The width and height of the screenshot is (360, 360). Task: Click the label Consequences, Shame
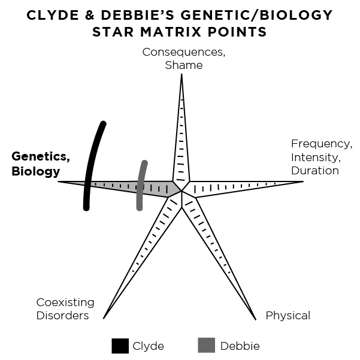pos(184,58)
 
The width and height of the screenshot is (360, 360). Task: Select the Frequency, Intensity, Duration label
pos(321,157)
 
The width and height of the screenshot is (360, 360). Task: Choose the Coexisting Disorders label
pos(63,308)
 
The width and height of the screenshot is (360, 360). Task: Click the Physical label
pos(288,315)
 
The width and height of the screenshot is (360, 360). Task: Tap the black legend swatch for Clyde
pos(120,346)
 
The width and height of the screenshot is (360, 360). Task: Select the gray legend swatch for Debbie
pos(205,346)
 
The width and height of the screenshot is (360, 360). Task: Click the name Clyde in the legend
pos(149,346)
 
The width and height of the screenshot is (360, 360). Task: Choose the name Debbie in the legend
pos(240,346)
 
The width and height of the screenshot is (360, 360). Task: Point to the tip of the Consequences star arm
pos(181,74)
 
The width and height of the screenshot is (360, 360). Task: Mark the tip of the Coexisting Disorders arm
pos(104,318)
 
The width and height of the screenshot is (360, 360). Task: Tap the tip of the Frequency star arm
pos(304,181)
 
